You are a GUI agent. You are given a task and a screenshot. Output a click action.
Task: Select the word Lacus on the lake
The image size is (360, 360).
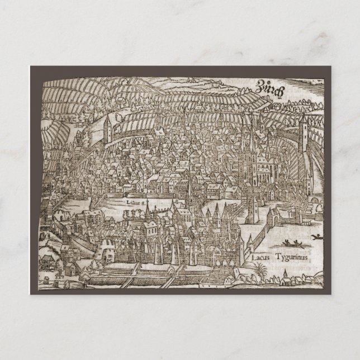[262, 258]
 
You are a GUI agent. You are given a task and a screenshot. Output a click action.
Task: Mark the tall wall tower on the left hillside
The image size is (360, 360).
[107, 130]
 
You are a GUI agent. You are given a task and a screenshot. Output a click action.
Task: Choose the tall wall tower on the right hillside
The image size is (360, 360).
[305, 132]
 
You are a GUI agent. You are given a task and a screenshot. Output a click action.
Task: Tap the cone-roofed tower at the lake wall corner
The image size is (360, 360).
[241, 247]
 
